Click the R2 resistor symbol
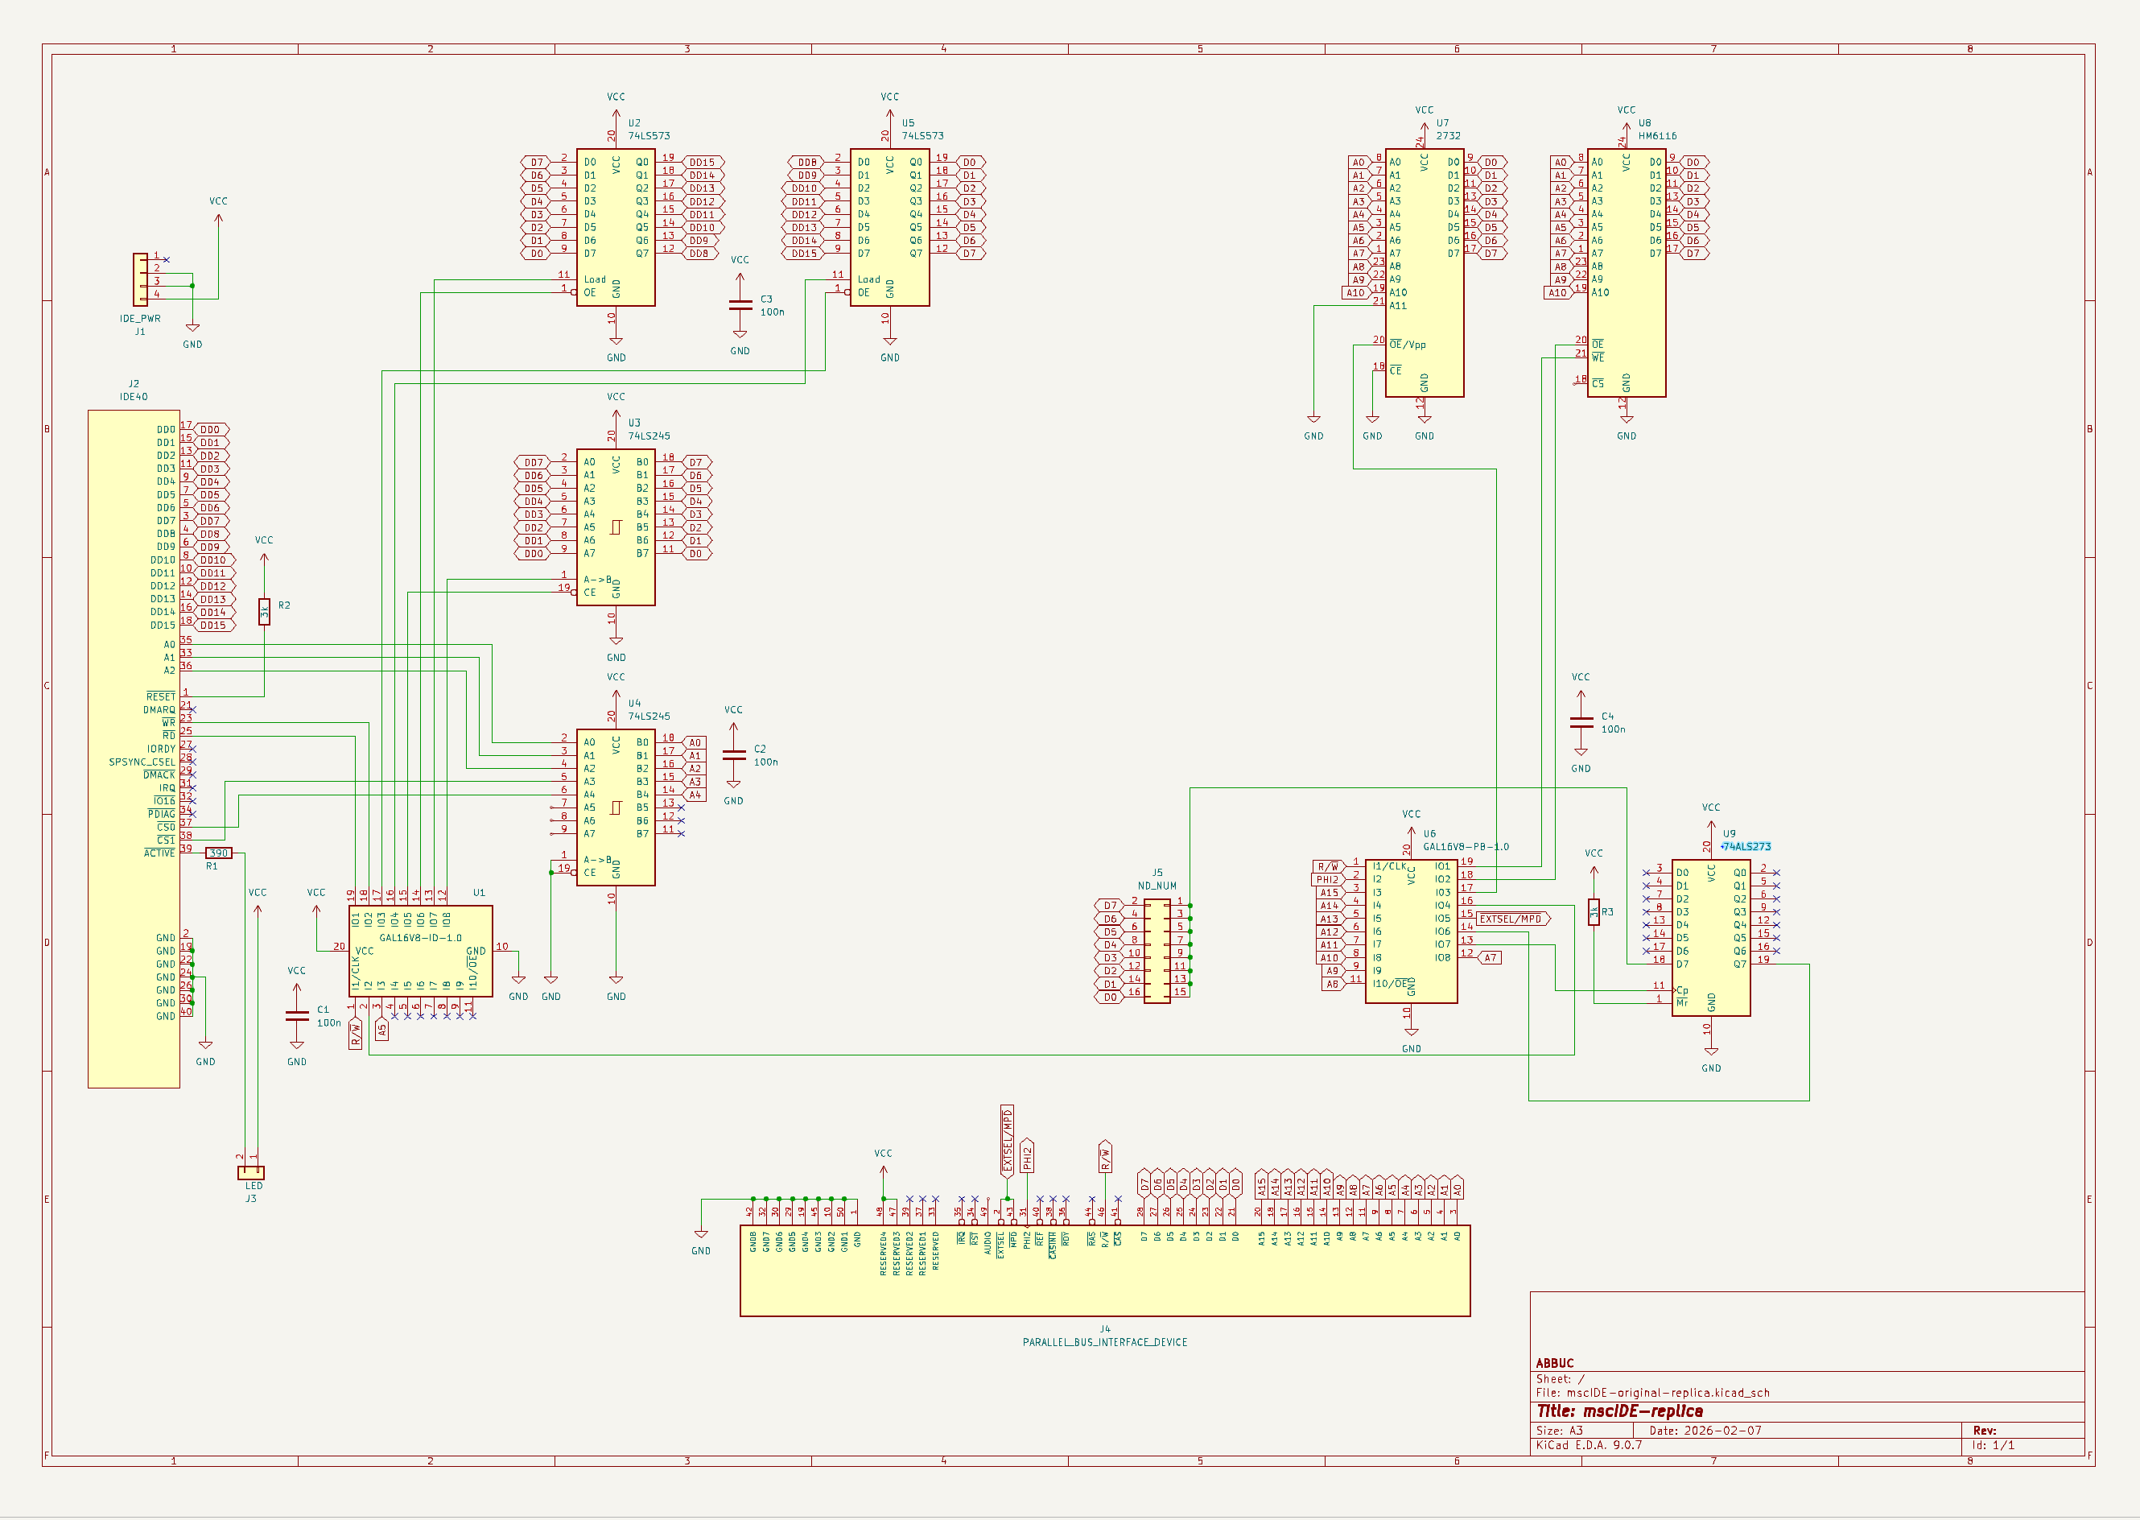(264, 612)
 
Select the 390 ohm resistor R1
(218, 853)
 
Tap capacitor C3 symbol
(740, 305)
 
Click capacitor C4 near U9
(1581, 721)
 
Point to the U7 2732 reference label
(1442, 122)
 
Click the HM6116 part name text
(1657, 136)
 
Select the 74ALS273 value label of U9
(1746, 846)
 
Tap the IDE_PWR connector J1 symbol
(140, 279)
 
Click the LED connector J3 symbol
(251, 1173)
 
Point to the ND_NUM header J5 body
(1157, 950)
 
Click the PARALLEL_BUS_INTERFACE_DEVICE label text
(1104, 1342)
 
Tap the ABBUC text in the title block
(1554, 1363)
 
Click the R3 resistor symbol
(1594, 911)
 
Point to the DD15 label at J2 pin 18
(213, 626)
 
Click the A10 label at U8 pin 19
(1557, 293)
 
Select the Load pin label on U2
(594, 279)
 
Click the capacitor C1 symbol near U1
(297, 1015)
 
